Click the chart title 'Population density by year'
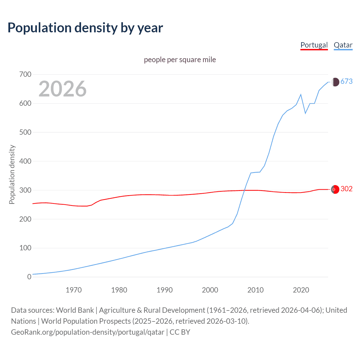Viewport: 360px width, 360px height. (85, 28)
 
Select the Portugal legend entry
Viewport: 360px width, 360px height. (314, 45)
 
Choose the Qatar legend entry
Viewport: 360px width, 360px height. (343, 45)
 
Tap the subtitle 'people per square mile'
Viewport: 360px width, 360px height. (180, 60)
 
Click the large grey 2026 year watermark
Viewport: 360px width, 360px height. (62, 89)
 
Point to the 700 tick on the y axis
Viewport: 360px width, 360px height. (25, 75)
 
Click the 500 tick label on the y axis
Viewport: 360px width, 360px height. (25, 132)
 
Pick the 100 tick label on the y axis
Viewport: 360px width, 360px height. (25, 248)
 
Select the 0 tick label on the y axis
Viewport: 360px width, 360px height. (29, 277)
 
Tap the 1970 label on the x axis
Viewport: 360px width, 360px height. (74, 290)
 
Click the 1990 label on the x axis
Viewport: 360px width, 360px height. (165, 290)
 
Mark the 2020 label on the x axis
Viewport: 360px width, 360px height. (301, 290)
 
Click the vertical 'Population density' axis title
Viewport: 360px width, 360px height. (12, 174)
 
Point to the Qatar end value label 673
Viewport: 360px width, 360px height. (346, 82)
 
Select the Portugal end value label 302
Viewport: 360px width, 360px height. (346, 189)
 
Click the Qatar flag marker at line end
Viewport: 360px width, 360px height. (335, 82)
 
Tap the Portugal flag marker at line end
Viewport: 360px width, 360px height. (335, 190)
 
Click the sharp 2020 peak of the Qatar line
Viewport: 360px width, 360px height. (301, 94)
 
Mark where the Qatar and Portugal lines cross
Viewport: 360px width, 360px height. (244, 190)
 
